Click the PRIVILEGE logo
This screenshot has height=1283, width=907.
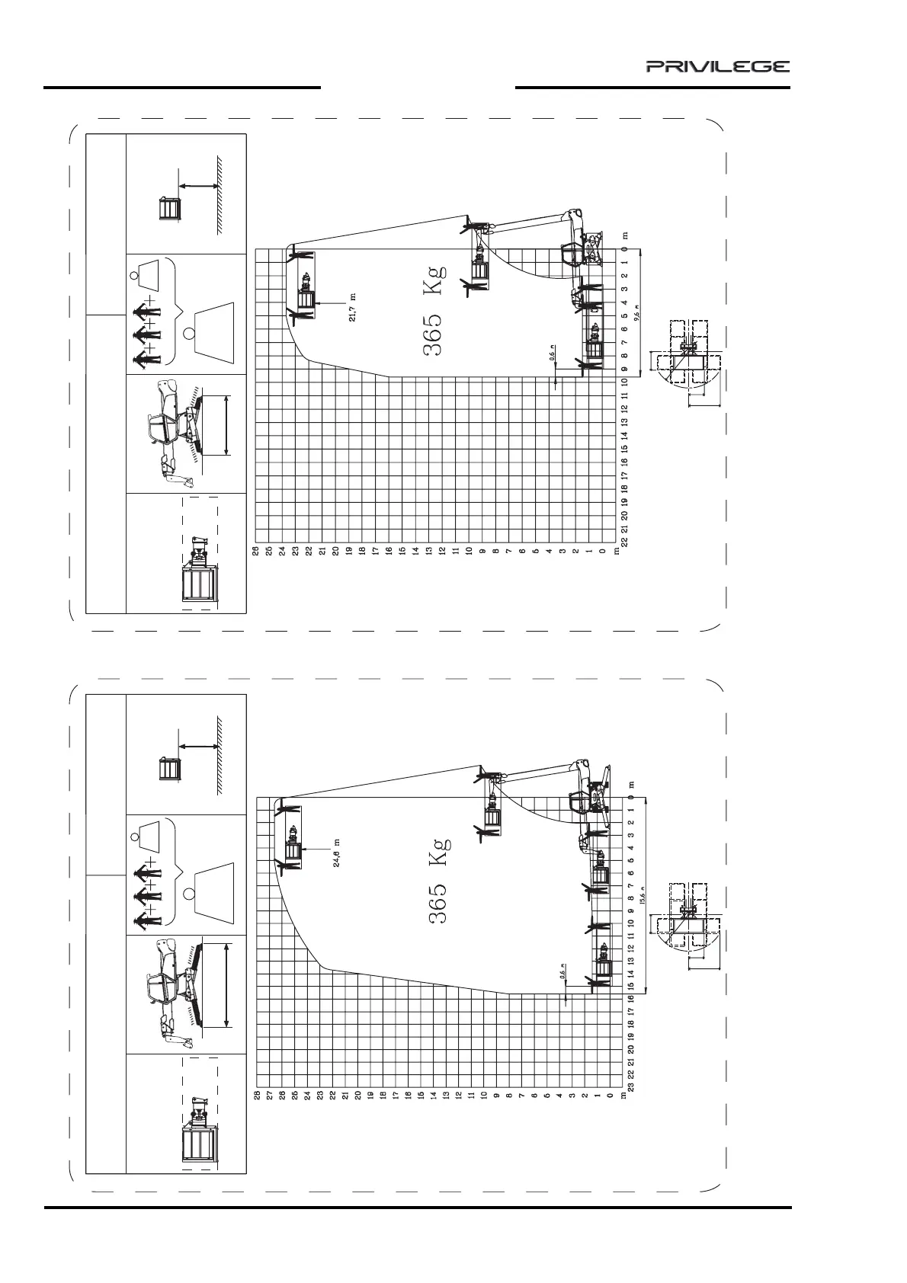718,66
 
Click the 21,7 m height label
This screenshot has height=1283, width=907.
352,308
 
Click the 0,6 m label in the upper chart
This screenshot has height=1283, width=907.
551,354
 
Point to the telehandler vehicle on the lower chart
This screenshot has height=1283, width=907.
588,800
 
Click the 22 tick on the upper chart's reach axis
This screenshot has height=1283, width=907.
624,541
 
